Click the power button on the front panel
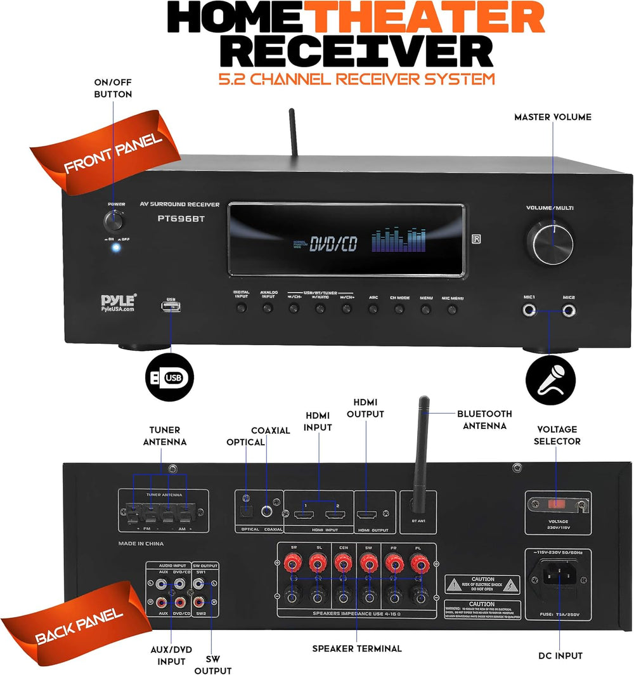click(114, 222)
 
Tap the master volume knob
click(548, 242)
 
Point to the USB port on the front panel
click(171, 308)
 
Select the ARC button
click(373, 309)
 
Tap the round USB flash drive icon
click(169, 379)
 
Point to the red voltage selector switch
click(556, 505)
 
